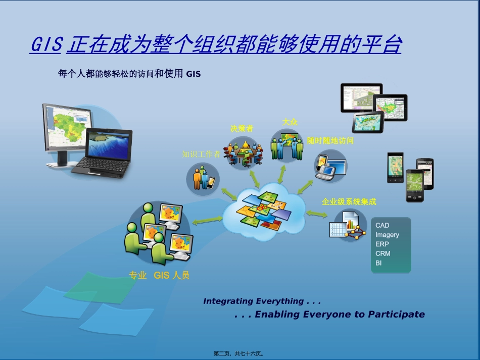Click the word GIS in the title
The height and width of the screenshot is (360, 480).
pos(47,44)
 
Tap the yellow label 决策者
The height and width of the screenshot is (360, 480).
pos(242,128)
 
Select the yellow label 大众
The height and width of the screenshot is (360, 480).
pos(290,122)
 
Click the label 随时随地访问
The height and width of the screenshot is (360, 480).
pos(330,140)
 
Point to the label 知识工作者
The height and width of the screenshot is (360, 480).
pos(201,154)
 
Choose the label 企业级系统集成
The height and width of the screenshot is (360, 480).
pos(349,201)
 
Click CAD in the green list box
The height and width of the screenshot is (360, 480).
pos(382,225)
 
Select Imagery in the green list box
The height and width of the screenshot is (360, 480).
pos(387,235)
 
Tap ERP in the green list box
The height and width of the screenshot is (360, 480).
pos(382,244)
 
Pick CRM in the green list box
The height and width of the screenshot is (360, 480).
pos(383,253)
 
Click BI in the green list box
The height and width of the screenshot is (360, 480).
pos(378,263)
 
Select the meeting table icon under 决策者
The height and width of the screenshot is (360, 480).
pos(244,153)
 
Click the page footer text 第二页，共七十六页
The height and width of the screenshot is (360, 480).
pos(238,353)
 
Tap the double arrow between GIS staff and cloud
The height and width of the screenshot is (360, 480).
pos(208,220)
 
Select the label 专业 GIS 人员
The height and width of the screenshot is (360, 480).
pos(159,275)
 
